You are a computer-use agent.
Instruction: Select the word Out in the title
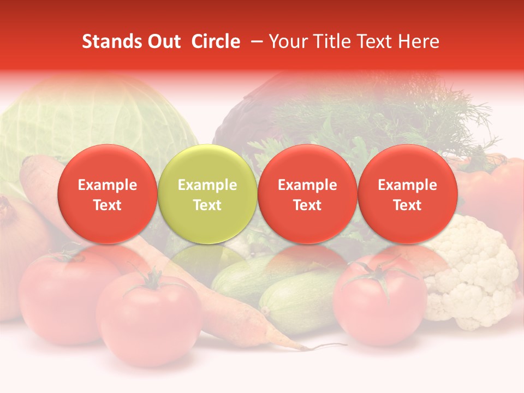coord(163,42)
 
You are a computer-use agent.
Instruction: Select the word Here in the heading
coord(419,42)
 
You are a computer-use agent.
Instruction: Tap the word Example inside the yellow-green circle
coord(207,185)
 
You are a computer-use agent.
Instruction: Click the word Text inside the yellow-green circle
coord(207,205)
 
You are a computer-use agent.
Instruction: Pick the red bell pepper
coord(491,186)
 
